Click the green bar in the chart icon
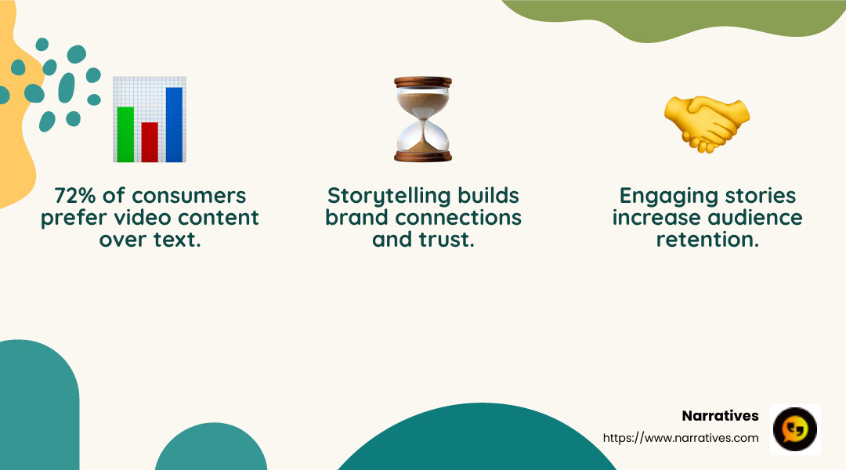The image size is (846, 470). [125, 134]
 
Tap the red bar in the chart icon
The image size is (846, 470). [150, 142]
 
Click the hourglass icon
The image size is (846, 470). [423, 119]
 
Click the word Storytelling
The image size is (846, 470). [389, 195]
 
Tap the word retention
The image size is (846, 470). [707, 239]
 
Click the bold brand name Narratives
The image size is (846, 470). [720, 416]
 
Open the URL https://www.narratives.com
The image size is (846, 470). [681, 438]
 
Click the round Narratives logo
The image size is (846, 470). [795, 429]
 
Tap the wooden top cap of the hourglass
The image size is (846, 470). [423, 81]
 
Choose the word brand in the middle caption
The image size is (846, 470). [356, 217]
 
